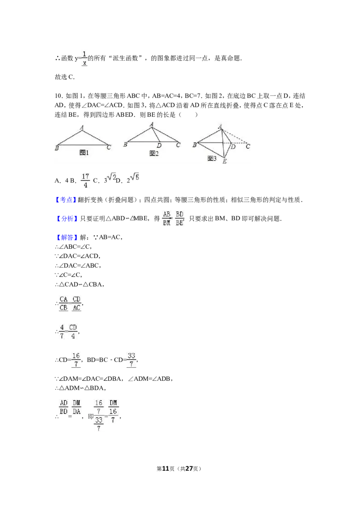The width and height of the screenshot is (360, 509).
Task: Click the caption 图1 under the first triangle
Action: pyautogui.click(x=84, y=152)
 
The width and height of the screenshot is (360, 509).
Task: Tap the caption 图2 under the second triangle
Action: pyautogui.click(x=154, y=153)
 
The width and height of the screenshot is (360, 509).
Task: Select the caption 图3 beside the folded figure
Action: pyautogui.click(x=212, y=158)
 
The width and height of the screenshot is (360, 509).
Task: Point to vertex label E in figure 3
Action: pyautogui.click(x=225, y=161)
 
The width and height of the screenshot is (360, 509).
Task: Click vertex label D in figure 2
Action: pyautogui.click(x=159, y=146)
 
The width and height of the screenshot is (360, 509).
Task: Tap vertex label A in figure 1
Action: pyautogui.click(x=81, y=128)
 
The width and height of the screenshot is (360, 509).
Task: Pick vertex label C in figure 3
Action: pyautogui.click(x=248, y=147)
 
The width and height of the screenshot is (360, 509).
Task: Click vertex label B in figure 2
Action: pyautogui.click(x=125, y=144)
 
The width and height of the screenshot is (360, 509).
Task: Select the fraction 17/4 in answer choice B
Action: pyautogui.click(x=85, y=180)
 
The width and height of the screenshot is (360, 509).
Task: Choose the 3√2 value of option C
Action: pyautogui.click(x=110, y=178)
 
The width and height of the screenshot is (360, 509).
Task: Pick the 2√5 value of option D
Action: pyautogui.click(x=133, y=178)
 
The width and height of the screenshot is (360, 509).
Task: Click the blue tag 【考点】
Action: pyautogui.click(x=66, y=200)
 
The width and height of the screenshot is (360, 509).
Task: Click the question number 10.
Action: pyautogui.click(x=58, y=96)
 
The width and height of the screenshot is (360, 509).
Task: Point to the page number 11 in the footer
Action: pyautogui.click(x=166, y=469)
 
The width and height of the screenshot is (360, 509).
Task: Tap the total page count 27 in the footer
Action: pyautogui.click(x=189, y=469)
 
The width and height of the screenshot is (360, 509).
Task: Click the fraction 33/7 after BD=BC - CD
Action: pyautogui.click(x=131, y=360)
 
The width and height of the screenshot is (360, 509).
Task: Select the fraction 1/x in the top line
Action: pyautogui.click(x=85, y=58)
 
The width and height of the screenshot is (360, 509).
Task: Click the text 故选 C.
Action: pyautogui.click(x=65, y=77)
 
